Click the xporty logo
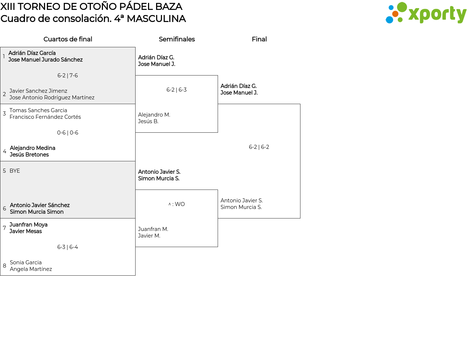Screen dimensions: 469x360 (426, 13)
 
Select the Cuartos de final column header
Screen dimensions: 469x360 (68, 39)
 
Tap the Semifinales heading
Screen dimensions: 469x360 (177, 39)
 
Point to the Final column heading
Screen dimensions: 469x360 (259, 39)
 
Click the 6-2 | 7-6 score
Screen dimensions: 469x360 (67, 76)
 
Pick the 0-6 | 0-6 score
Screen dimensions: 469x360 (67, 133)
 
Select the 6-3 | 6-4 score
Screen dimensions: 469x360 (67, 247)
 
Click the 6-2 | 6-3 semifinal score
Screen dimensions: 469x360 (177, 90)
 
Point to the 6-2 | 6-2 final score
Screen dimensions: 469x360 (259, 147)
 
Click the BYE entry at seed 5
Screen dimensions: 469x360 (15, 171)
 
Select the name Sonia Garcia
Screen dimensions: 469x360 (26, 262)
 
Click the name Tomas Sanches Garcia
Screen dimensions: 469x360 (38, 110)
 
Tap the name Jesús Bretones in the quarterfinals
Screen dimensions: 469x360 (29, 155)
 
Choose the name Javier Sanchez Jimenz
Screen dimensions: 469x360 (38, 91)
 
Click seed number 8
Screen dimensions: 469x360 (4, 266)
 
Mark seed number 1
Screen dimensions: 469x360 (4, 56)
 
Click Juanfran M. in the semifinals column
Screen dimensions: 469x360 (153, 229)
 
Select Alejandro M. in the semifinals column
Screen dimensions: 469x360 (154, 115)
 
